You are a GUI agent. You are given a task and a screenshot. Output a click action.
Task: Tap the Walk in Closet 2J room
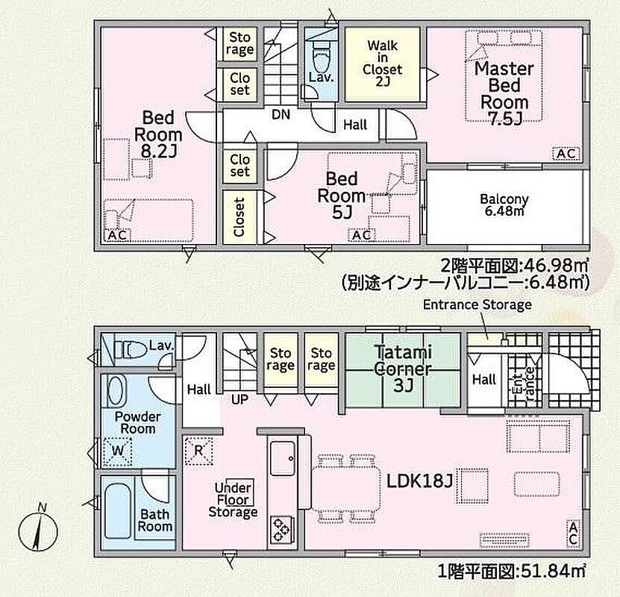tap(382, 64)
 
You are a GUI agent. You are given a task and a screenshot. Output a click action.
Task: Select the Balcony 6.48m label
tap(504, 204)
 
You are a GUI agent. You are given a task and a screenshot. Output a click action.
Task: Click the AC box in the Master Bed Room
tap(566, 154)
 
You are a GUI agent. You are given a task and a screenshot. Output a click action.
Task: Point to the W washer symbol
tap(117, 451)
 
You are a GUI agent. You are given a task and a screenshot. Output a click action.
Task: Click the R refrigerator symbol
tap(198, 451)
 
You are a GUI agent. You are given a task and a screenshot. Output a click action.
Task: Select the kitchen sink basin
tap(282, 459)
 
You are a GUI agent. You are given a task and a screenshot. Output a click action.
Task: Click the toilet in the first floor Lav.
tap(131, 349)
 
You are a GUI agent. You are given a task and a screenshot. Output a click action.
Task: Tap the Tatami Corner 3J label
tap(403, 369)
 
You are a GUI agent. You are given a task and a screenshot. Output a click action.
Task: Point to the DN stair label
tap(281, 115)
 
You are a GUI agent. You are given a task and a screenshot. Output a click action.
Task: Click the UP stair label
tap(239, 400)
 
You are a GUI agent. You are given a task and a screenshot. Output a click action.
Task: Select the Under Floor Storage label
tap(233, 500)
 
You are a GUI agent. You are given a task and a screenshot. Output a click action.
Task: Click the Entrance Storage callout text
tap(477, 304)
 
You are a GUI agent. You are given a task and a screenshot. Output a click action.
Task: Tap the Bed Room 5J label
tap(342, 196)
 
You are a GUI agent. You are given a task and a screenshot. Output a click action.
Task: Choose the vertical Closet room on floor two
tap(240, 217)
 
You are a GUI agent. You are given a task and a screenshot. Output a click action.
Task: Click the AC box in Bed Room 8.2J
tap(117, 235)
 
